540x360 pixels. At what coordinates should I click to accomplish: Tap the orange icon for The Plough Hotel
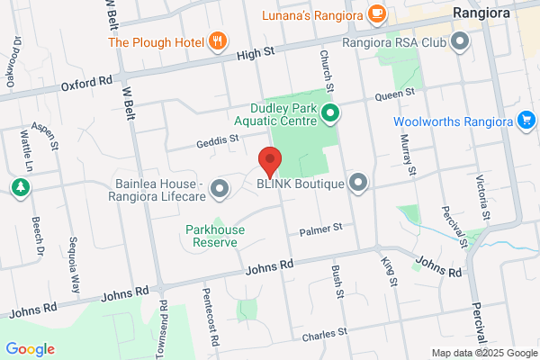pyautogui.click(x=217, y=41)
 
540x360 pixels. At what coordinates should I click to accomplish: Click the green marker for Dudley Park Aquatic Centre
pyautogui.click(x=329, y=113)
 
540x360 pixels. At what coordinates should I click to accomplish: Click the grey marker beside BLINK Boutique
pyautogui.click(x=359, y=184)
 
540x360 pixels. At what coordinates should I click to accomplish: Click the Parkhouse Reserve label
pyautogui.click(x=215, y=236)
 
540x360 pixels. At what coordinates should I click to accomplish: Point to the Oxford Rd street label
pyautogui.click(x=87, y=84)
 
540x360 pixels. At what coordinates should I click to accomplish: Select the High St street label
pyautogui.click(x=255, y=55)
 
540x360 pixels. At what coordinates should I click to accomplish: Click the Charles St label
pyautogui.click(x=325, y=333)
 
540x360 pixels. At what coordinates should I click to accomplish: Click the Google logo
pyautogui.click(x=30, y=349)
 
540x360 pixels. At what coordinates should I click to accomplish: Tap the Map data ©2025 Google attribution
pyautogui.click(x=481, y=352)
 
